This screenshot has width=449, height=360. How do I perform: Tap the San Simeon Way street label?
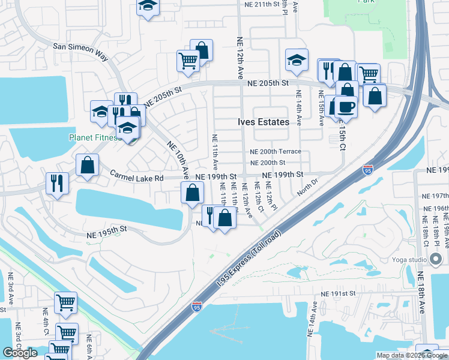coord(80,51)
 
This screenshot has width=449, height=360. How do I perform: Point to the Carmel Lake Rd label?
coord(137,178)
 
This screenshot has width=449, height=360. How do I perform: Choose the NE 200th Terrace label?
coord(276,152)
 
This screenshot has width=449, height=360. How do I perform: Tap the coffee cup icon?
coord(346,106)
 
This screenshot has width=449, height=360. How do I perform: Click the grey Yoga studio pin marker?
coord(436,260)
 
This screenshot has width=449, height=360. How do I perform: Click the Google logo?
coord(20,353)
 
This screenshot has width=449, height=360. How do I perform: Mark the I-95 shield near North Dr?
coord(367,171)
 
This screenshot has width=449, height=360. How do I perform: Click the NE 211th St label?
coord(263,4)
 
